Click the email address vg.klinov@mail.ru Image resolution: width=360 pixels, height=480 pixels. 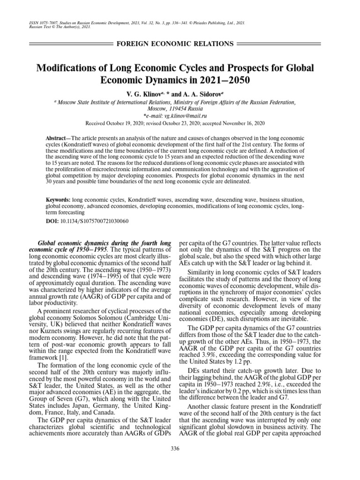[187, 115]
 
